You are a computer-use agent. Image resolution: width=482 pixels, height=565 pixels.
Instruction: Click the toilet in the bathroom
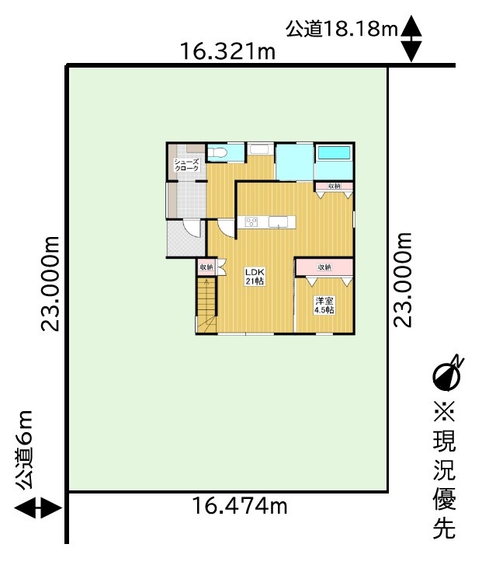[x=217, y=153]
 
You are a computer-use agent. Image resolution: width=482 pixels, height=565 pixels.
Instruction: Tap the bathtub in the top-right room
[x=333, y=153]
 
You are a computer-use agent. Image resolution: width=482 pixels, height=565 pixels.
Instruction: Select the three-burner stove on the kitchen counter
[x=251, y=222]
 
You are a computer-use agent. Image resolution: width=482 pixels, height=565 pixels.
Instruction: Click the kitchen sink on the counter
[x=280, y=222]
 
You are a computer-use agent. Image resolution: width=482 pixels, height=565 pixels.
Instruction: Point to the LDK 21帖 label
[x=255, y=277]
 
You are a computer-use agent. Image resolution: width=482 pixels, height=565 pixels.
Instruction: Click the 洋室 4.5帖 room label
[x=324, y=305]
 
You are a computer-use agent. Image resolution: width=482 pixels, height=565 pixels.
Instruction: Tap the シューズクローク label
[x=186, y=165]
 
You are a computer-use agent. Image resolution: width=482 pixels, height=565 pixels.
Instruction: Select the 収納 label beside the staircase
[x=206, y=267]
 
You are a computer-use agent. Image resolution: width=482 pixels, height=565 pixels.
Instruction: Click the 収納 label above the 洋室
[x=324, y=267]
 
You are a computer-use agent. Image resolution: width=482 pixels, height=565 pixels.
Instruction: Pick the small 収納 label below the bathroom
[x=335, y=186]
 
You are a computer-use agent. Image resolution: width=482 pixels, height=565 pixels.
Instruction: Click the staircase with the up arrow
[x=206, y=305]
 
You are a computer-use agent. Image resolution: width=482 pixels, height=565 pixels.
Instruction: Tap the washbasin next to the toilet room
[x=261, y=149]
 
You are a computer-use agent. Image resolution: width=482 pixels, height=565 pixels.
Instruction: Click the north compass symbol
[x=447, y=375]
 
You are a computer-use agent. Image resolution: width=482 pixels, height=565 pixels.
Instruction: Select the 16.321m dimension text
[x=227, y=51]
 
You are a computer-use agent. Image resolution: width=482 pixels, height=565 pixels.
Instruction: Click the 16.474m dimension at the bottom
[x=240, y=505]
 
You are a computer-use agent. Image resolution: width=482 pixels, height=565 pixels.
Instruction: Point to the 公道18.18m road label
[x=342, y=29]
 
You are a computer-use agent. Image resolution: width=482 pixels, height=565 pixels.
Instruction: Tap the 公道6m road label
[x=25, y=450]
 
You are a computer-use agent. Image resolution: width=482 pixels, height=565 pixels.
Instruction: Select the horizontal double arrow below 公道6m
[x=38, y=508]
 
